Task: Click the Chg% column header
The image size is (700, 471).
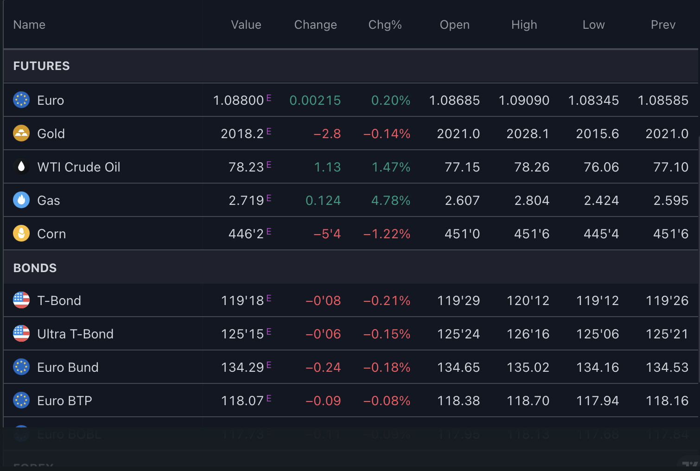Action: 385,25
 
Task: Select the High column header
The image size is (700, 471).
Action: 524,25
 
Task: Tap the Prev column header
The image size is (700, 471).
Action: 663,25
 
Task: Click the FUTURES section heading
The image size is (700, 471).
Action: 42,66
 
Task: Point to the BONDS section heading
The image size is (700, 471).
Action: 35,268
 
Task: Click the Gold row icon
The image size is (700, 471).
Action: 21,134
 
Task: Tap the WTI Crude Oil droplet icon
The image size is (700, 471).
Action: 21,167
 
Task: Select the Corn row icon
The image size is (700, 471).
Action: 21,234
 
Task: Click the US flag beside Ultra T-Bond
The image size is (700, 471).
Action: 21,334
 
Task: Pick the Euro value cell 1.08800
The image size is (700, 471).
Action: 238,101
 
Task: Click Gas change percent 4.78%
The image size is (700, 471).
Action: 390,201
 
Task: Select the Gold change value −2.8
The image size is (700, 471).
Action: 327,134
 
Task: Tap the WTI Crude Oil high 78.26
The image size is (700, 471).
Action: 531,167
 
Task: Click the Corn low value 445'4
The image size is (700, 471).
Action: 601,234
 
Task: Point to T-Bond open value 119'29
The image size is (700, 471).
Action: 458,301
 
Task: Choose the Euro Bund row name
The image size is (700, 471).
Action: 68,368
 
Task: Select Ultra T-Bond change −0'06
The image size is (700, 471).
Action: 323,334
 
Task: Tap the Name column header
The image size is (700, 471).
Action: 29,25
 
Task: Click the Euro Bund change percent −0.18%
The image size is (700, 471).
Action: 387,368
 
